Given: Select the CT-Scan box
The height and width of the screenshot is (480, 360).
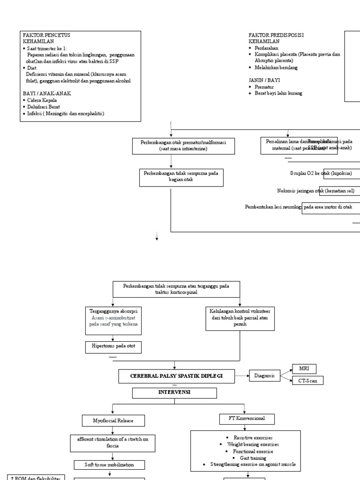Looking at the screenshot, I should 307,381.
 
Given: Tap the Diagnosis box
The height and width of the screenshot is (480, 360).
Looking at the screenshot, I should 264,375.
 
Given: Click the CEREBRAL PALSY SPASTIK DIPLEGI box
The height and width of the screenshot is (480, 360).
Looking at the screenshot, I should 176,376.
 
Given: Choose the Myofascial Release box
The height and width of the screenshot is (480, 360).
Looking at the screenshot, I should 113,420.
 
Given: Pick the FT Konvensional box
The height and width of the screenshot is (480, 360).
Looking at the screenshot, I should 247,419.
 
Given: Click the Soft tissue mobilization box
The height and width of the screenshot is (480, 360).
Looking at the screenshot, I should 110,465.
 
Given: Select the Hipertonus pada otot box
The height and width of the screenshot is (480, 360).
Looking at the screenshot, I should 113,347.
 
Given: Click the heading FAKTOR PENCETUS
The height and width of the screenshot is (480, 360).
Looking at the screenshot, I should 46,35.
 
